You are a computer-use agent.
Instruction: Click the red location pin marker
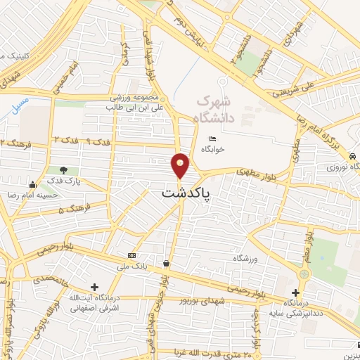tap(181, 166)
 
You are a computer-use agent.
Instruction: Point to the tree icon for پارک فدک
tap(64, 170)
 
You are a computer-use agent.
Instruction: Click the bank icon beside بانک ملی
tap(131, 255)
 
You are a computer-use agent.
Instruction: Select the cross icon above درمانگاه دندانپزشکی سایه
tap(295, 292)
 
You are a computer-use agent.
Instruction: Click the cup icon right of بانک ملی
tap(166, 264)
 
